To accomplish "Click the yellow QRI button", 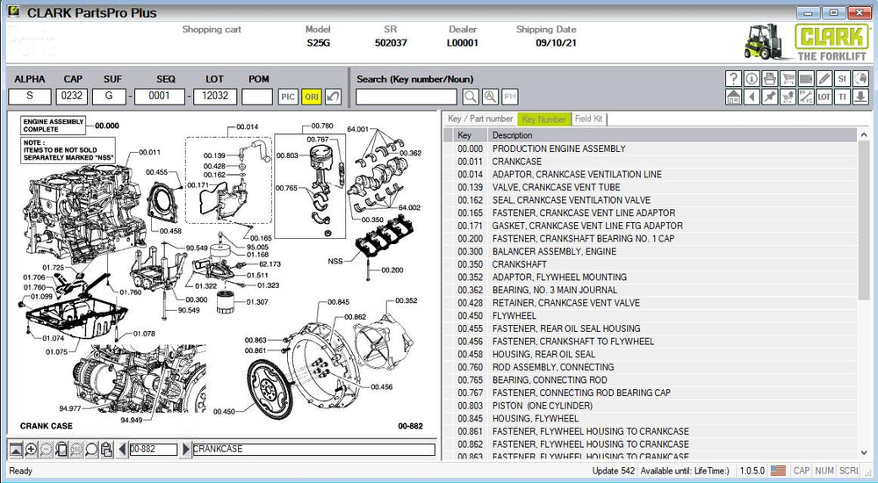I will [x=312, y=97].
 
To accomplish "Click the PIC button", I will [x=288, y=97].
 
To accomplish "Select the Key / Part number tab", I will [x=480, y=119].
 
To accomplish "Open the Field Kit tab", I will [x=588, y=119].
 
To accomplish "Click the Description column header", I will [x=512, y=135].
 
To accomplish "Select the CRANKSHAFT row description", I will [x=519, y=264].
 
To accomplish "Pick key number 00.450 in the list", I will [x=470, y=315].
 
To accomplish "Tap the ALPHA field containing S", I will [x=30, y=97].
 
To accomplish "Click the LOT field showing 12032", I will [x=215, y=97].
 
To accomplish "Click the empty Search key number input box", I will [x=406, y=97].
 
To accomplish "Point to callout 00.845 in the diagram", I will [x=338, y=302].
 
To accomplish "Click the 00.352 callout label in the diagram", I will [x=407, y=300].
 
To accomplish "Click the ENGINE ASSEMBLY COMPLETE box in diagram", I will [x=54, y=125].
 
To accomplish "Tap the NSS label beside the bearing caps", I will [x=335, y=261].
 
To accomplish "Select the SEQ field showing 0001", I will [x=160, y=97].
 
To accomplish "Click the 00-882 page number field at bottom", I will [x=153, y=450].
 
